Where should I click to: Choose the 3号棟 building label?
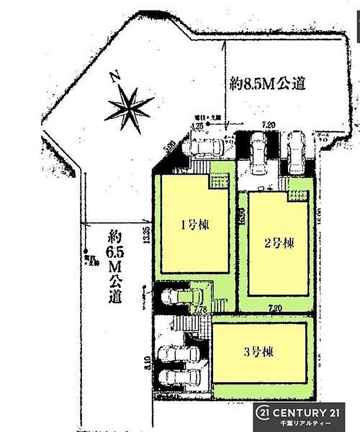pyautogui.click(x=260, y=352)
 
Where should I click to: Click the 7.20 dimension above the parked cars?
pyautogui.click(x=268, y=124)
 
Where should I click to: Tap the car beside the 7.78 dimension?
pyautogui.click(x=174, y=296)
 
